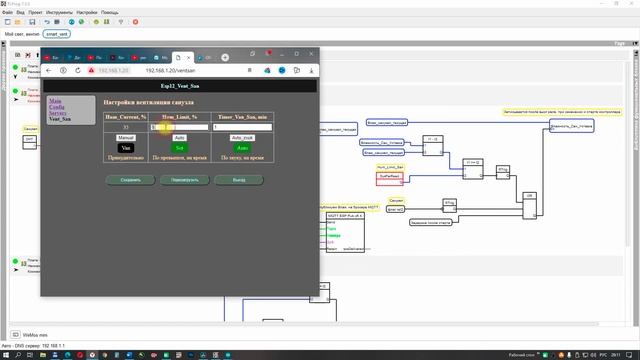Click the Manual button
(x=127, y=137)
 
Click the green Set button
(x=180, y=147)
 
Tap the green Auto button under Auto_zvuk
(x=243, y=147)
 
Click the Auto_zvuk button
(x=243, y=137)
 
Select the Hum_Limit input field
(x=180, y=127)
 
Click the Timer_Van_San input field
(x=243, y=127)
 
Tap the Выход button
(x=237, y=180)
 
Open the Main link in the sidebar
(x=55, y=100)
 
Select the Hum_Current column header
(x=126, y=117)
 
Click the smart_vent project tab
(x=58, y=34)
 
